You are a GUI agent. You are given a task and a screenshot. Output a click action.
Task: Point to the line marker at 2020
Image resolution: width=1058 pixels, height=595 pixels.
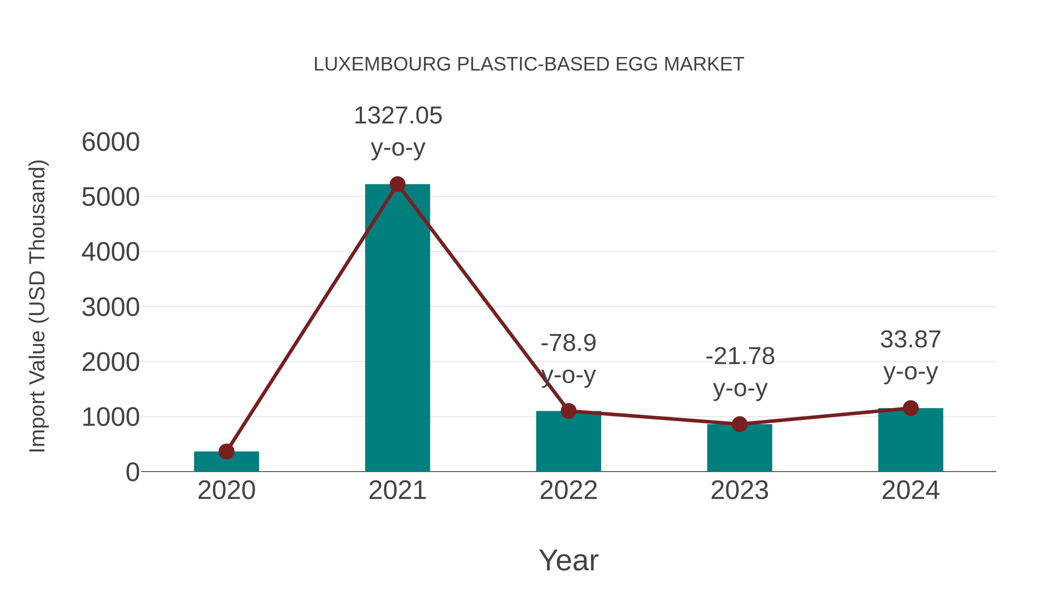[x=226, y=451]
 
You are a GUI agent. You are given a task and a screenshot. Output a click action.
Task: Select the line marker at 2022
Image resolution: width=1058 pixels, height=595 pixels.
[x=568, y=411]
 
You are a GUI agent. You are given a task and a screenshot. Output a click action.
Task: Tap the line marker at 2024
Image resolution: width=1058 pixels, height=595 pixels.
[x=910, y=408]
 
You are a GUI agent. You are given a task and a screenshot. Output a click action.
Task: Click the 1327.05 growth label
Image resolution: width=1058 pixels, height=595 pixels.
[x=398, y=116]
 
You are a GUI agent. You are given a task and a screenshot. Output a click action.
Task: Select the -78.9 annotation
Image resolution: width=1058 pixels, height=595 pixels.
[x=568, y=343]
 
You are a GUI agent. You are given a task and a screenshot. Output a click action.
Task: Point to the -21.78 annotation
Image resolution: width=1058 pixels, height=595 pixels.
[x=740, y=356]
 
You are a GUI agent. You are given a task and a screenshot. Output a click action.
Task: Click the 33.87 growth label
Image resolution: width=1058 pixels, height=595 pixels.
[x=910, y=340]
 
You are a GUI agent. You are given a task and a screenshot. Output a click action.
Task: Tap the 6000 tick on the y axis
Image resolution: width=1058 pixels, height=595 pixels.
[x=111, y=143]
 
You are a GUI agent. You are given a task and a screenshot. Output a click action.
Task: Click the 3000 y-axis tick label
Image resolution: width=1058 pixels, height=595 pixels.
[x=111, y=308]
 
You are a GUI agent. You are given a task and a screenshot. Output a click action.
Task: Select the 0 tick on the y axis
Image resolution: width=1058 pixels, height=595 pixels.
[x=132, y=472]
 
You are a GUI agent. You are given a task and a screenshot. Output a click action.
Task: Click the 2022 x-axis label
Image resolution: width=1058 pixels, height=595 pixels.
[x=568, y=491]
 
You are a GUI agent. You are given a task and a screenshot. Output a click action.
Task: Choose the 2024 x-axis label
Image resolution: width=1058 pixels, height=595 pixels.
[x=910, y=491]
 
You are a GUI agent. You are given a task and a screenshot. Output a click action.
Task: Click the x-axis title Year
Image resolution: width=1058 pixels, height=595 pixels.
[x=568, y=561]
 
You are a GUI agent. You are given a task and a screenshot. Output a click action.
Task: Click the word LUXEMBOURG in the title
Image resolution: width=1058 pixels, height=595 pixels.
[x=382, y=64]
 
